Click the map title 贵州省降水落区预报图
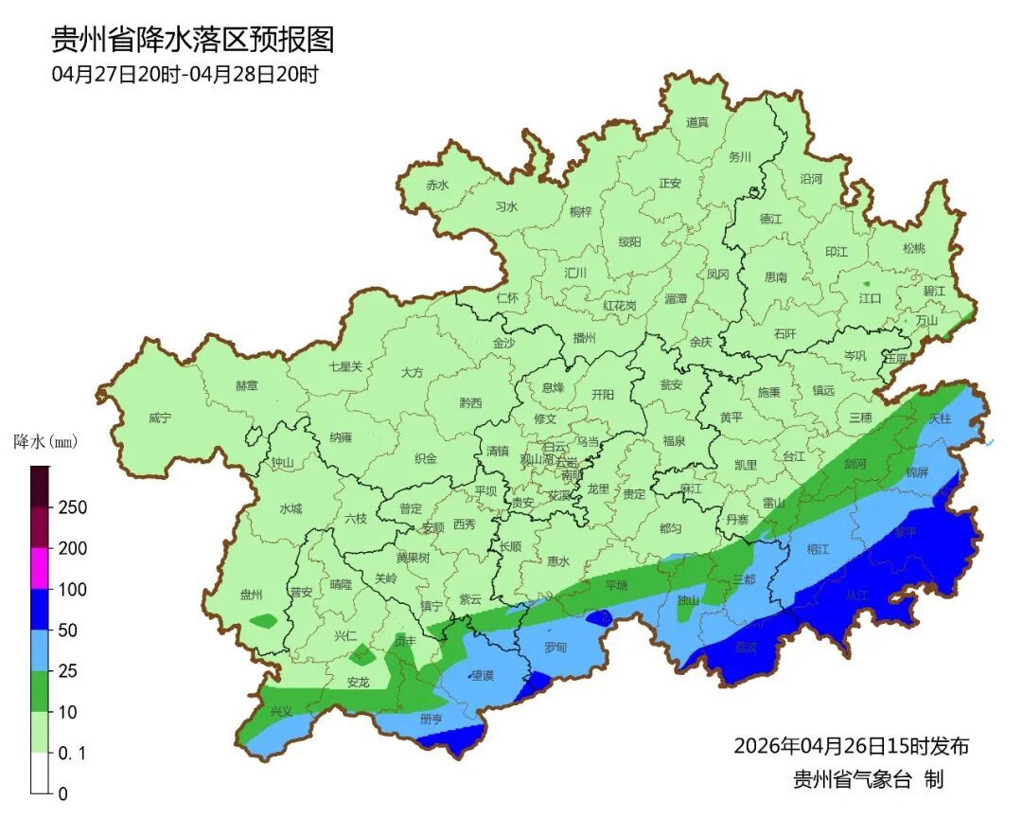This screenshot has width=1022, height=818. [192, 40]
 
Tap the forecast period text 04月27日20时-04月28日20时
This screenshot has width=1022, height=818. [185, 75]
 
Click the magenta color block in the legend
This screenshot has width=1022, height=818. [41, 568]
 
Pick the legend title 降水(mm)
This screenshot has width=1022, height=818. [44, 442]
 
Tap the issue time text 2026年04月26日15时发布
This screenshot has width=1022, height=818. [851, 746]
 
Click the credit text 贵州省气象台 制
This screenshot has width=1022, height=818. [868, 779]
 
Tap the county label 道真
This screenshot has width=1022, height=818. [697, 122]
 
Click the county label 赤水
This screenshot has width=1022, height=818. [437, 185]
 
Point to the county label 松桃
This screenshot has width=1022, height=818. [913, 248]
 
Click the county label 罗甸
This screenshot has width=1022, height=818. [555, 648]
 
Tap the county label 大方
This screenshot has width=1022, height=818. [412, 373]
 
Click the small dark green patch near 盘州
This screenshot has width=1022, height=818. [264, 621]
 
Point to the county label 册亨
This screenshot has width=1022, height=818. [432, 720]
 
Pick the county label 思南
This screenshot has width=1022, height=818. [775, 277]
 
